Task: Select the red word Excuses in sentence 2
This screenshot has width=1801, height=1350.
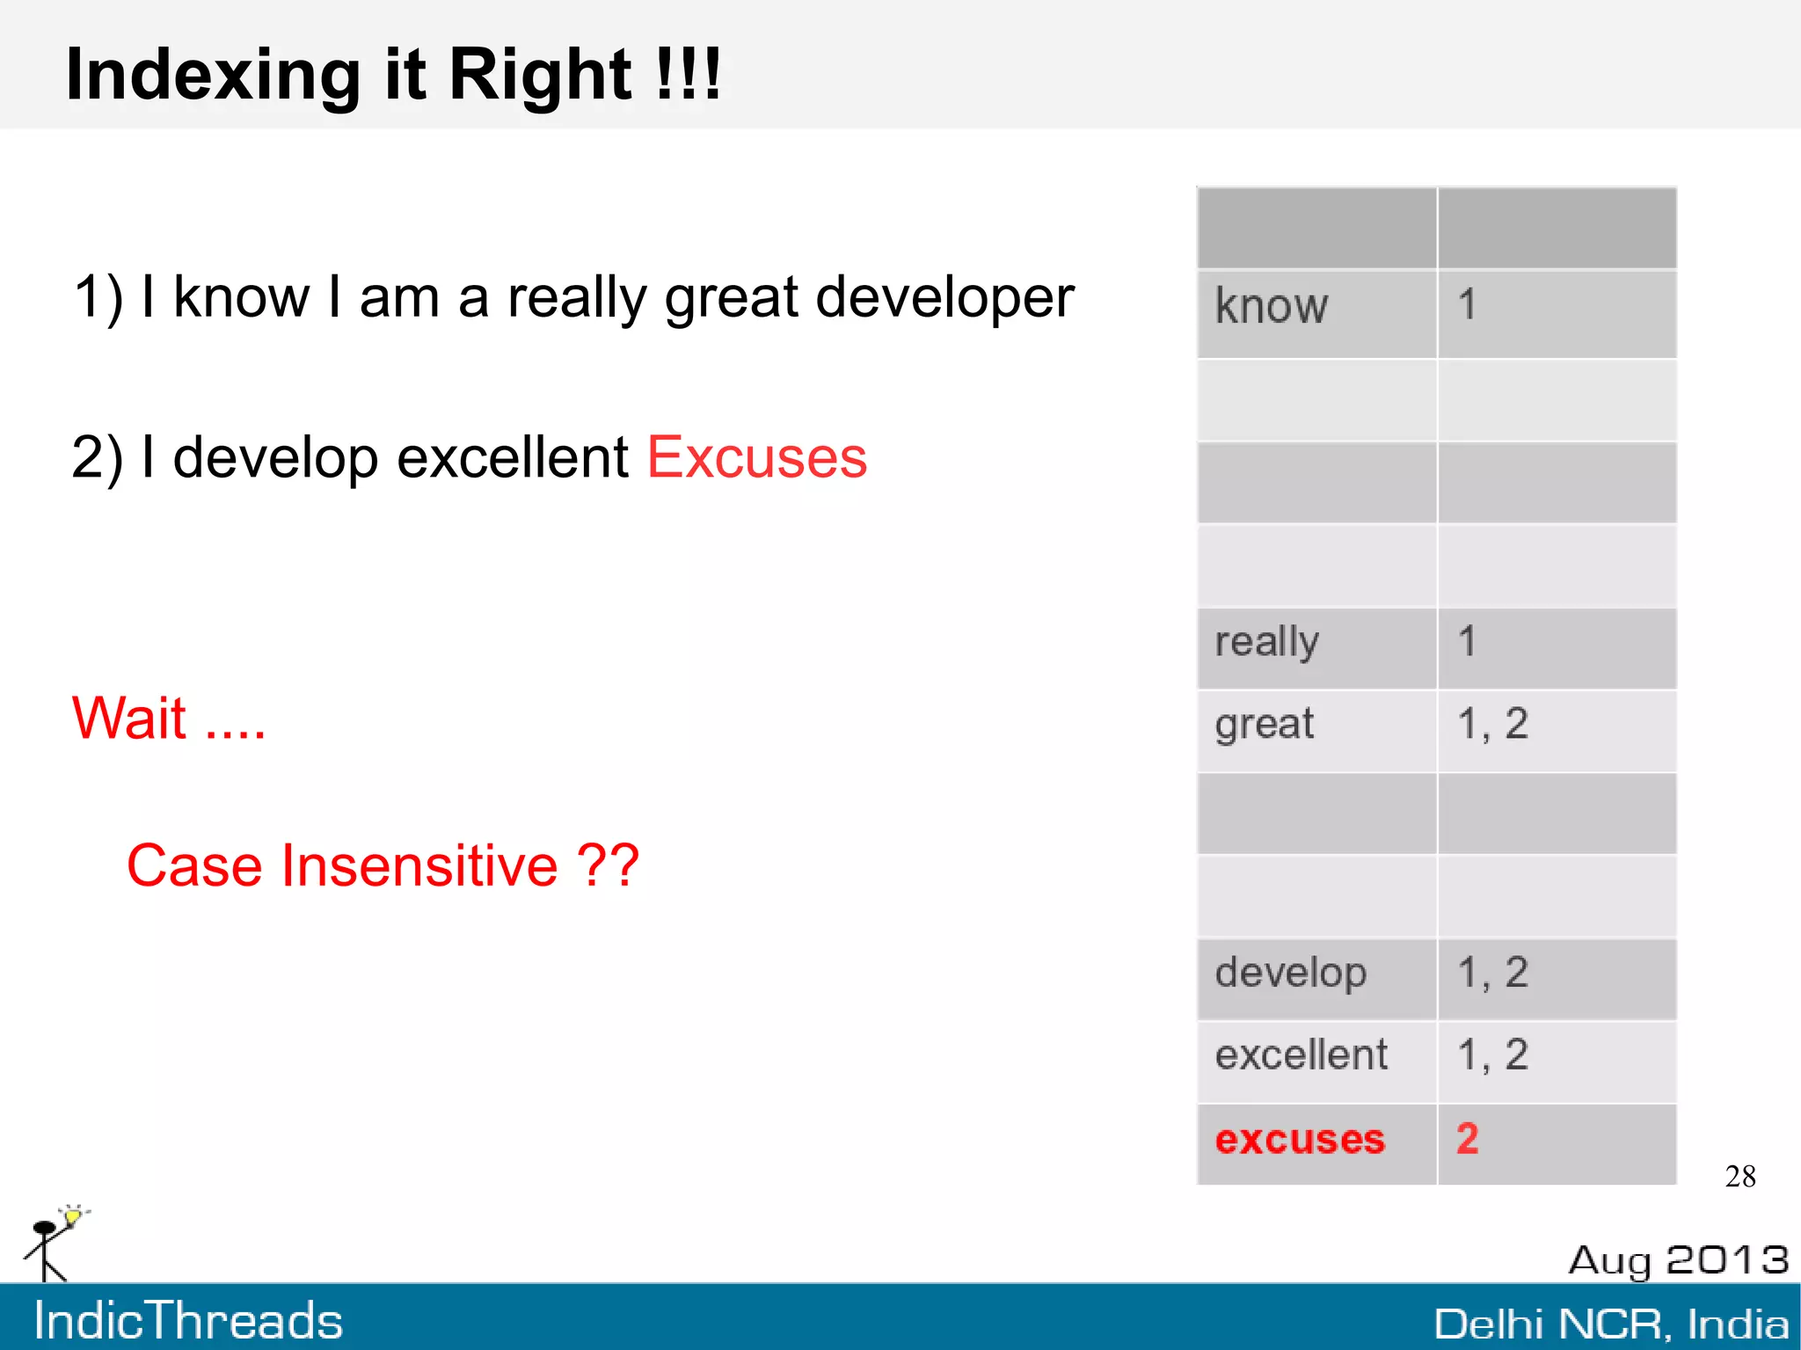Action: pos(756,458)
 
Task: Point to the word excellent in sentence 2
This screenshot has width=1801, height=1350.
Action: pos(512,458)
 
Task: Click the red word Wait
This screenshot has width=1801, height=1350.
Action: pos(129,719)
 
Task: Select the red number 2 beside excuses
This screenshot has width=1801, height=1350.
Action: pos(1467,1139)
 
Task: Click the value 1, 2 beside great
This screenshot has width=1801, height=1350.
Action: pos(1492,725)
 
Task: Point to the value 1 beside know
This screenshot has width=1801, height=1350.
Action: pos(1466,306)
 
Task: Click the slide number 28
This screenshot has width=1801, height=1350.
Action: pos(1739,1177)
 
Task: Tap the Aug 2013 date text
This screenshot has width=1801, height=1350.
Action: pos(1678,1260)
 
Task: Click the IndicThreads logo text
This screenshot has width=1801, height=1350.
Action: pos(188,1320)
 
